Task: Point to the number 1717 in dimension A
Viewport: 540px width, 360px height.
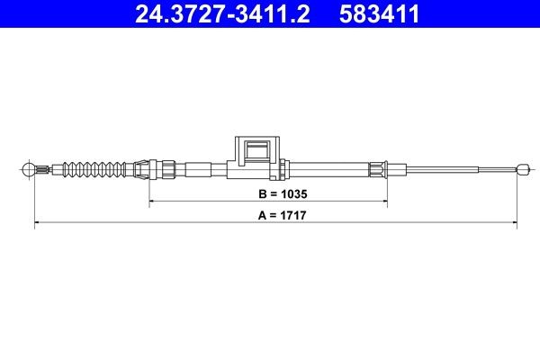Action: (284, 217)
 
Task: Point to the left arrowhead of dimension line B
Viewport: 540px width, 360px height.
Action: (152, 203)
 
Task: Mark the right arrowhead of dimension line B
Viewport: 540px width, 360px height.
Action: (385, 203)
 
